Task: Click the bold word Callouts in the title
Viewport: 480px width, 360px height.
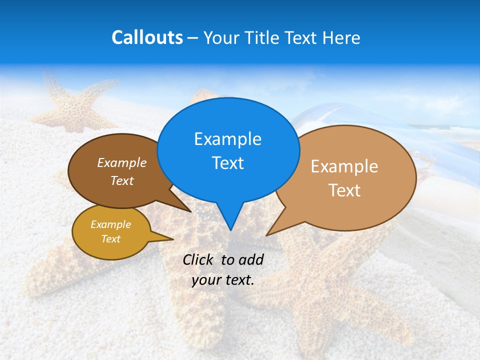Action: pyautogui.click(x=147, y=38)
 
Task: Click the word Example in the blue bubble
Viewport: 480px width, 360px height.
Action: pyautogui.click(x=227, y=139)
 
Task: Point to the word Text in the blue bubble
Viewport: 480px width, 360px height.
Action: pyautogui.click(x=227, y=163)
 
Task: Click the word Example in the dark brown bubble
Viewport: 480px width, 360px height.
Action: pyautogui.click(x=121, y=163)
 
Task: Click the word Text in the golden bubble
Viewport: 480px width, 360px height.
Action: pyautogui.click(x=110, y=239)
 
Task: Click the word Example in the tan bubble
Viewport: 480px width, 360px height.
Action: pyautogui.click(x=344, y=166)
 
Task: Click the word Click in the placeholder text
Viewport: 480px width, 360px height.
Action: pyautogui.click(x=200, y=259)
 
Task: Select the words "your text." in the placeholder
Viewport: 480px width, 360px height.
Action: pyautogui.click(x=223, y=280)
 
